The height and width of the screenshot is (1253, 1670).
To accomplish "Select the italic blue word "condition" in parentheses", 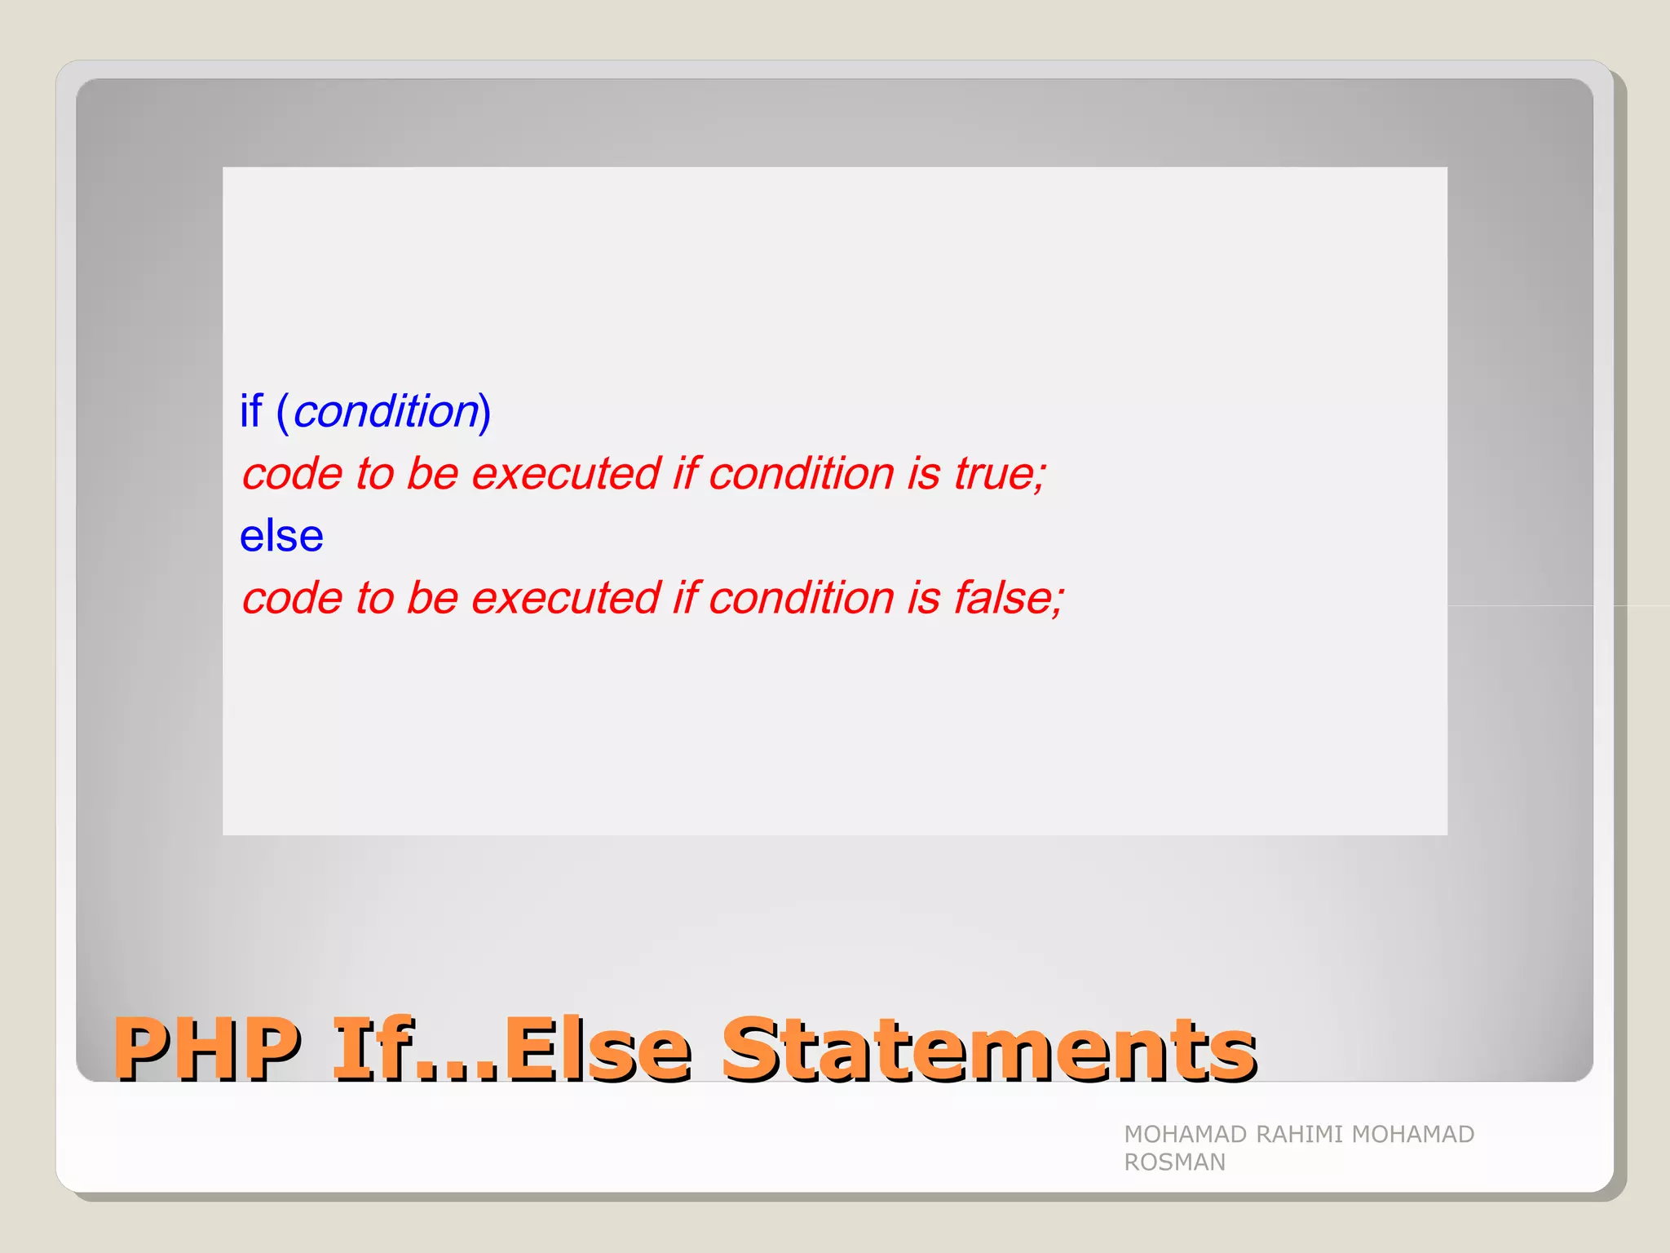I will [x=386, y=411].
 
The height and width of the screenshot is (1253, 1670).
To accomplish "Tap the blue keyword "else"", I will [x=281, y=536].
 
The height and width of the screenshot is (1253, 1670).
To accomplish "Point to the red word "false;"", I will [x=1009, y=598].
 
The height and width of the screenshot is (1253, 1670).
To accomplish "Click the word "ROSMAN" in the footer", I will [x=1174, y=1162].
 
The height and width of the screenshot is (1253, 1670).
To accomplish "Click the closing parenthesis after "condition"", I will [x=485, y=412].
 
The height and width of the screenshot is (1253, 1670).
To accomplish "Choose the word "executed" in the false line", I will [x=566, y=598].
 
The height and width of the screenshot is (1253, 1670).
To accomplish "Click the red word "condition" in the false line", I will [x=802, y=598].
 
